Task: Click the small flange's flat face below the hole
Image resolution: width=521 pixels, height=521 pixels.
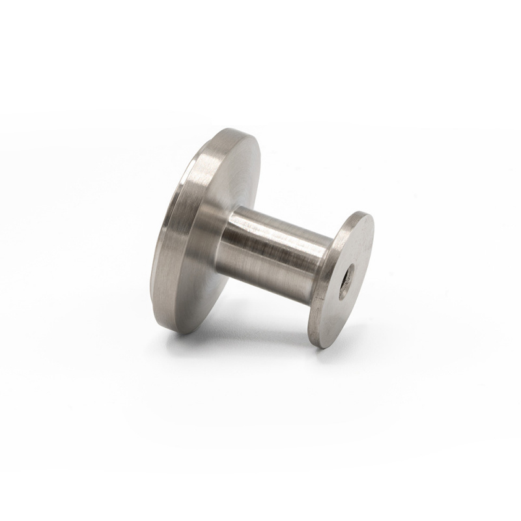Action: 332,313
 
